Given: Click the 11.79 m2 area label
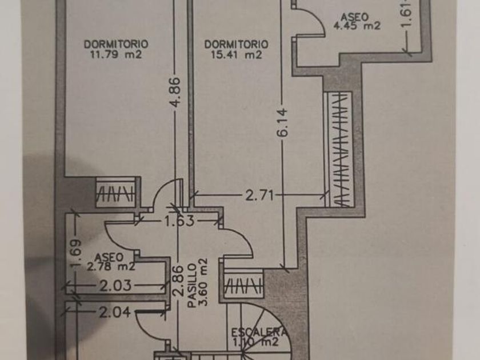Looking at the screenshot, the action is pyautogui.click(x=116, y=55).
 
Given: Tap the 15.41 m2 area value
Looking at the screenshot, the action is pyautogui.click(x=236, y=55).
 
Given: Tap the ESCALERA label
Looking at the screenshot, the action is pyautogui.click(x=261, y=332).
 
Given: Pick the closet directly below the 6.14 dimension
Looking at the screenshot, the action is pyautogui.click(x=244, y=285).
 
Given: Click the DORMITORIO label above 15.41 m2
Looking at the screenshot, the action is pyautogui.click(x=236, y=44).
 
